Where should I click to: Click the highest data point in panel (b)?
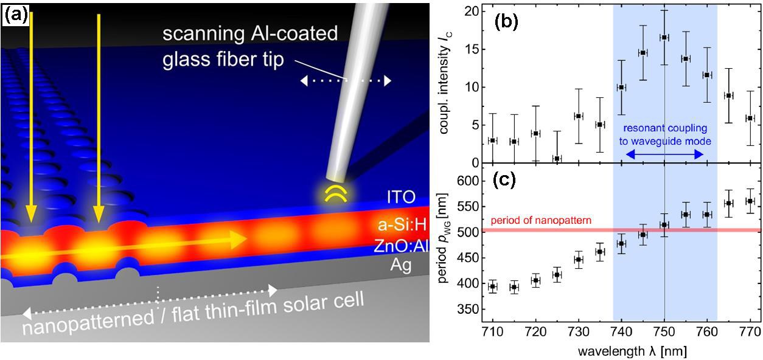pos(664,37)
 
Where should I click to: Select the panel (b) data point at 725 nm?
pos(557,158)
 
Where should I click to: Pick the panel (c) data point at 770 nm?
pos(750,201)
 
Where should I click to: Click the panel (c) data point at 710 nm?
pos(493,286)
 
